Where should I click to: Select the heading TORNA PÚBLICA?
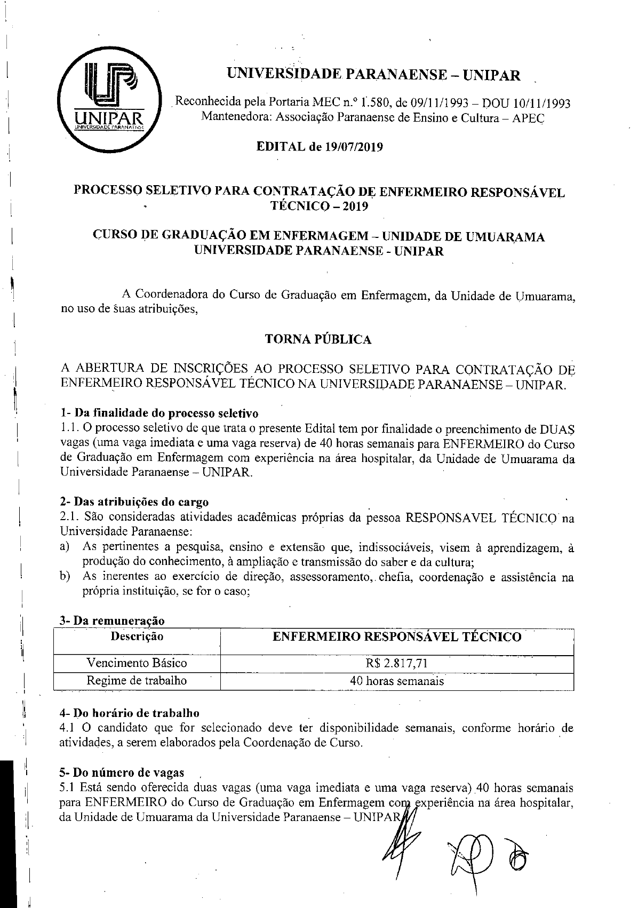pyautogui.click(x=318, y=339)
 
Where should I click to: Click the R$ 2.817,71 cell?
pyautogui.click(x=397, y=663)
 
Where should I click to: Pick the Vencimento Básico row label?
pyautogui.click(x=137, y=663)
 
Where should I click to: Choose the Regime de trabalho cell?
pyautogui.click(x=137, y=680)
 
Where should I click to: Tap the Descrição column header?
pyautogui.click(x=137, y=636)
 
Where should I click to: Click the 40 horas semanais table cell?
pyautogui.click(x=397, y=681)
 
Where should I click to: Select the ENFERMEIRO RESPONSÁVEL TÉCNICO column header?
pyautogui.click(x=397, y=636)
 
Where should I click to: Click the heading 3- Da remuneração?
pyautogui.click(x=113, y=620)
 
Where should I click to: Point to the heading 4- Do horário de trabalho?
pyautogui.click(x=130, y=713)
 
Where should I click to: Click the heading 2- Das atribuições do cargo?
pyautogui.click(x=134, y=501)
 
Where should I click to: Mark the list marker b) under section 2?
pyautogui.click(x=66, y=577)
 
